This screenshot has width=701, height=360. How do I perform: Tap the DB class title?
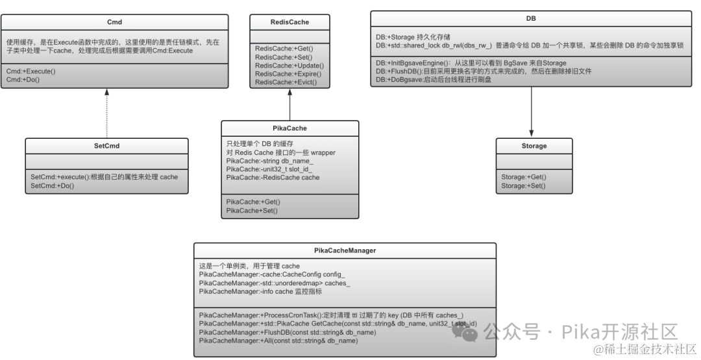531,18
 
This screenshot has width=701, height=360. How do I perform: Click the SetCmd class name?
106,146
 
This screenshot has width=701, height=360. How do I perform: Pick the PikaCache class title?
290,128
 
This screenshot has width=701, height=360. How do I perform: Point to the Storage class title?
534,146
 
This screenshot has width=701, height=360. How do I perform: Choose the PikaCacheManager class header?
345,250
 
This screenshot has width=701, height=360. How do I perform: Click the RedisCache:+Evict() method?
286,82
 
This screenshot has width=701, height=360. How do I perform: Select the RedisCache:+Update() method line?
289,66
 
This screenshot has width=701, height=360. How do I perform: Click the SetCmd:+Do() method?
53,186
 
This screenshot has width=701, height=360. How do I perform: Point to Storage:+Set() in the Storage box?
524,186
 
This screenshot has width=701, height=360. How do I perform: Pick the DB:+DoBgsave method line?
434,79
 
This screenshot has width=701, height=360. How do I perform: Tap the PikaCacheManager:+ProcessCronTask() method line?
331,315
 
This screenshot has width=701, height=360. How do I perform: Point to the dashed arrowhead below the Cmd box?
107,93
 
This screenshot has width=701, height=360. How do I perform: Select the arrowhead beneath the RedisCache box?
290,93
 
